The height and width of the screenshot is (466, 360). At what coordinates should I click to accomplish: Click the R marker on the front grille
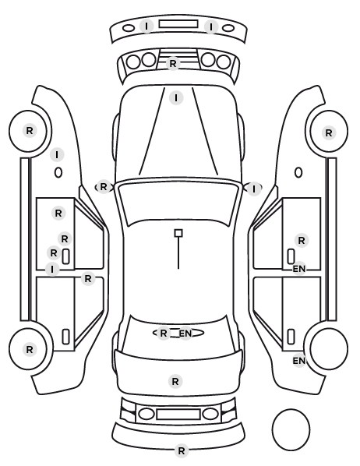coord(173,63)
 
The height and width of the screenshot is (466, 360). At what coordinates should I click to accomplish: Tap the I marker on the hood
coord(176,97)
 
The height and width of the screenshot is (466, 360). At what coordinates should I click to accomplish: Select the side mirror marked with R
coord(104,187)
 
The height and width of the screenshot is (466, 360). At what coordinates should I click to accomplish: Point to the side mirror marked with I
coord(253,189)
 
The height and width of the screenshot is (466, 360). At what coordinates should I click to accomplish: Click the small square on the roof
coord(178,233)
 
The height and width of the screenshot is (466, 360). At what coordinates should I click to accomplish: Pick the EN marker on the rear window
coord(185,334)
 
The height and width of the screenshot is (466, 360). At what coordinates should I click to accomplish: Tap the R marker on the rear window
coord(163,334)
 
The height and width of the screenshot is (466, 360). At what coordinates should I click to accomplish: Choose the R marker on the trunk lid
coord(175,381)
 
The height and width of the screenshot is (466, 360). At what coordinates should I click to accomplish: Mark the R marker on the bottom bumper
coord(181,451)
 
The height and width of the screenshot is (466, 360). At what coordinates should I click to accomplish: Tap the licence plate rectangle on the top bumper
coord(178,24)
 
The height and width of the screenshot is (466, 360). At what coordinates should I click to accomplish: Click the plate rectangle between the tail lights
coord(178,414)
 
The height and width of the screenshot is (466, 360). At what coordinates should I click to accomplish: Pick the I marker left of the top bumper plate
coord(146,26)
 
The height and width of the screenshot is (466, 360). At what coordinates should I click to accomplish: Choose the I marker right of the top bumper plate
coord(211,27)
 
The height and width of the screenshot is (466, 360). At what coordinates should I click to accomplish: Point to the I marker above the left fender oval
coord(57,154)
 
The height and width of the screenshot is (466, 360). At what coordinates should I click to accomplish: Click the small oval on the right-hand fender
coord(298,172)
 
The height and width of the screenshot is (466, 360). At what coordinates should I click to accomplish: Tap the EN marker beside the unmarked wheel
coord(299,361)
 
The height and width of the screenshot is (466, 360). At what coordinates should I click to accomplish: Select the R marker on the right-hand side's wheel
coord(329,132)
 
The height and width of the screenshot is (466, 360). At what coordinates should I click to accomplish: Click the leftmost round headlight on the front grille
coord(133,62)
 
